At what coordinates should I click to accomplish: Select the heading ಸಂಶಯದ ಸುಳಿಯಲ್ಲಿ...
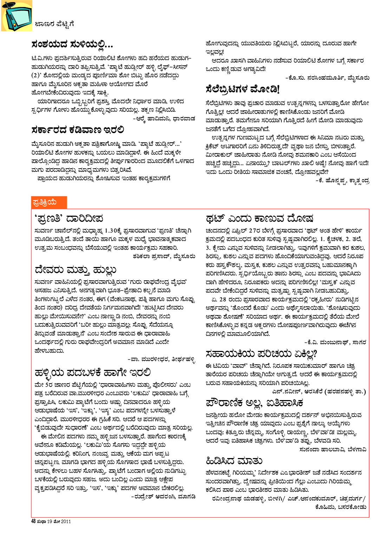click(x=72, y=45)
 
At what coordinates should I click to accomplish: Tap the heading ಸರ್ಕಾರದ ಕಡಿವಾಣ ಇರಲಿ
click(x=77, y=130)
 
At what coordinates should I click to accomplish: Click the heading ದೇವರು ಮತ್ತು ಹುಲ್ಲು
click(x=75, y=270)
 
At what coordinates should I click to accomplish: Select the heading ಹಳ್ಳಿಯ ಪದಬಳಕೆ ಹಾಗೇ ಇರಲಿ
click(x=93, y=372)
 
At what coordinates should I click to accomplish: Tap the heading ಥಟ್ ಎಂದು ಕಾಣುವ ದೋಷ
click(x=259, y=218)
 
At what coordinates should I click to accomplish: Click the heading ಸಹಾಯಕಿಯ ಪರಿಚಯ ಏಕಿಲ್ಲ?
click(x=261, y=353)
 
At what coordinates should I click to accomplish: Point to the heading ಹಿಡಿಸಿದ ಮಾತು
click(x=234, y=461)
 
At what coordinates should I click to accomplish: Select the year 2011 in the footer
click(x=66, y=521)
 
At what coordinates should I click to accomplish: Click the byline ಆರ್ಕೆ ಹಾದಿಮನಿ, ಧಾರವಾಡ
click(x=164, y=118)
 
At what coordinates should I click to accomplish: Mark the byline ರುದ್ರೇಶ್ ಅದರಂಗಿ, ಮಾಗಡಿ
click(x=163, y=497)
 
